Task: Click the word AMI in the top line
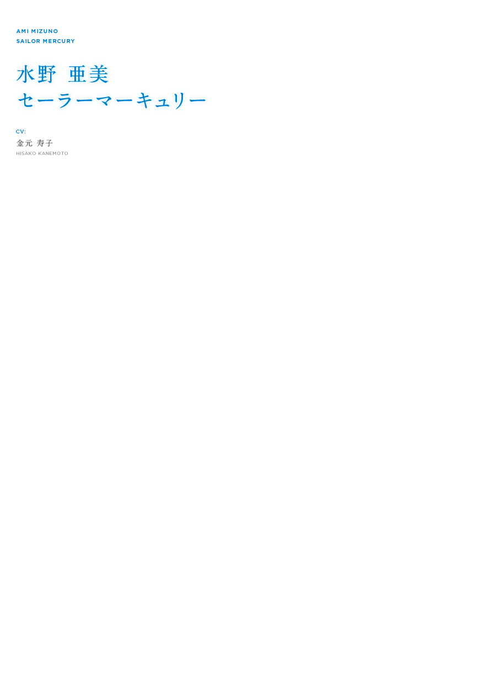click(x=23, y=31)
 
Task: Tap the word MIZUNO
click(x=45, y=31)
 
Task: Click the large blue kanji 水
click(x=26, y=74)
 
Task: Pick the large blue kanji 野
click(x=47, y=74)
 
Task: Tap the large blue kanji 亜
click(x=78, y=74)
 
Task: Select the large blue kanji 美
click(x=99, y=74)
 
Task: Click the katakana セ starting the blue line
click(x=26, y=100)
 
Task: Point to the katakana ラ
click(x=65, y=100)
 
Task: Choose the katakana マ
click(x=104, y=100)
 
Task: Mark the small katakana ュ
click(x=162, y=103)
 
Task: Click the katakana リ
click(x=179, y=101)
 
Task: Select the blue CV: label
click(x=21, y=132)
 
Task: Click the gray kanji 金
click(x=20, y=143)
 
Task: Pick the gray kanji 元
click(x=29, y=143)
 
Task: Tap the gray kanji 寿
click(x=41, y=143)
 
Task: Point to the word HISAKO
click(x=26, y=153)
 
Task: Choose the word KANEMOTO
click(x=53, y=153)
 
